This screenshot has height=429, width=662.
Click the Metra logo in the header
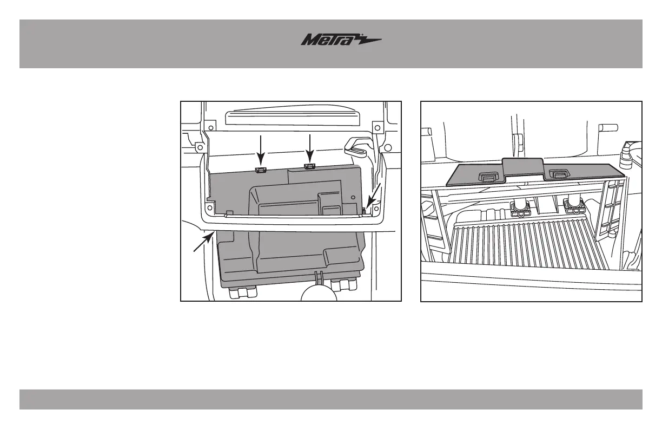tap(341, 41)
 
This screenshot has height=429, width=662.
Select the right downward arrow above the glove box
tap(309, 148)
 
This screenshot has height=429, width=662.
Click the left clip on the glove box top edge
tap(261, 170)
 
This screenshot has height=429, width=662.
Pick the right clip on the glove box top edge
tap(310, 165)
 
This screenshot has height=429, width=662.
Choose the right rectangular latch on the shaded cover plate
tap(557, 173)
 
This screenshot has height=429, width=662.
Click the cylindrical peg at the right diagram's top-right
tap(608, 128)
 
